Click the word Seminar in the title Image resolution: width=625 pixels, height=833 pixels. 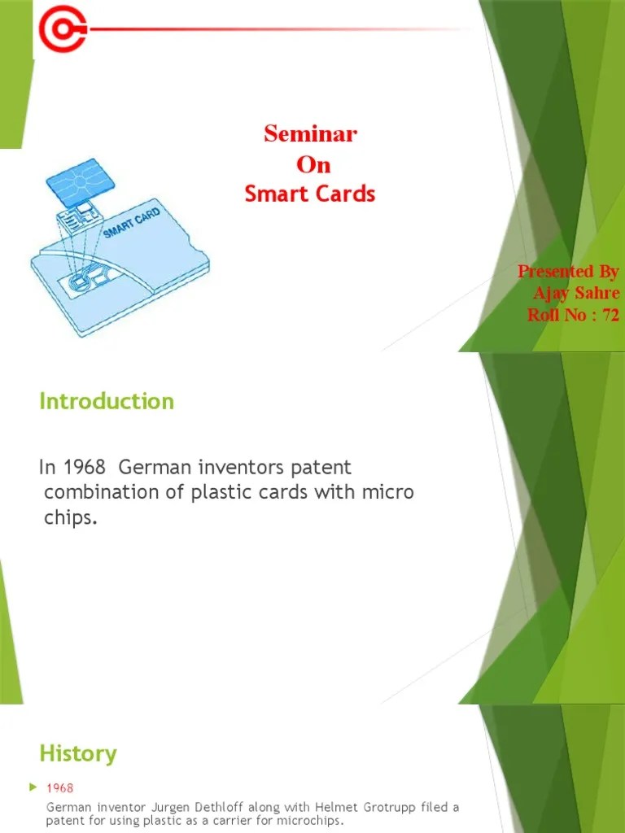coord(310,134)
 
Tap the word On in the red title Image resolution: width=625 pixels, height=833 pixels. coord(313,164)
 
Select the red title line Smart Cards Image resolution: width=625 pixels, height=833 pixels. coord(310,194)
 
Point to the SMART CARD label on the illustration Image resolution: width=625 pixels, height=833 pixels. coord(131,225)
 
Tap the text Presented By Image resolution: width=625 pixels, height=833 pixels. coord(568,271)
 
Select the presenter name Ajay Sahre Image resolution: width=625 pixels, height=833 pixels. coord(575,293)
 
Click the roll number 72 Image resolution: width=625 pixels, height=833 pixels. coord(610,315)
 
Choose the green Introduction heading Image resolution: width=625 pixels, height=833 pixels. coord(107,401)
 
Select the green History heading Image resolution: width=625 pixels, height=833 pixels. coord(78,753)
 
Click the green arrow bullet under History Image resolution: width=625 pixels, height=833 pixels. coord(33,787)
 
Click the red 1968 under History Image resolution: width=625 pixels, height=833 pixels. coord(60,788)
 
